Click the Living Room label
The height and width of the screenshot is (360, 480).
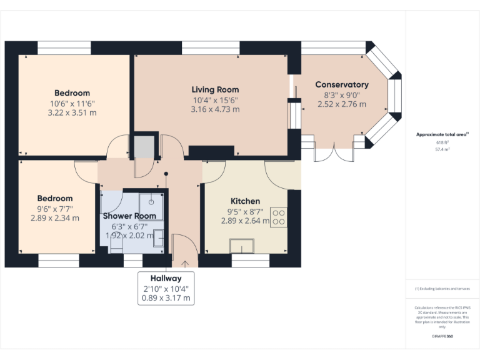coord(215,89)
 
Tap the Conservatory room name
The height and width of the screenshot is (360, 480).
coord(341,84)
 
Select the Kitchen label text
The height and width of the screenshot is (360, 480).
coord(245,201)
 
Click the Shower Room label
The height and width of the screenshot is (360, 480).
coord(129,216)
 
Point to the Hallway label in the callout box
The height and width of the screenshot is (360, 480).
coord(166,278)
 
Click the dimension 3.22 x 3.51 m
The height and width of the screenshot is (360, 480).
coord(72,113)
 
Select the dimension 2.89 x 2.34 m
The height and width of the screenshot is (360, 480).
coord(54,218)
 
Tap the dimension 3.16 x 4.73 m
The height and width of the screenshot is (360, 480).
coord(215,109)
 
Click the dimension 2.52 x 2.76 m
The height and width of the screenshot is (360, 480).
coord(341,104)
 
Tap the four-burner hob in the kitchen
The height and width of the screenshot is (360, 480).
coord(278,216)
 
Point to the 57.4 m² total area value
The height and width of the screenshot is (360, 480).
coord(442,149)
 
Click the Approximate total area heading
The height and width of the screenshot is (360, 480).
coord(442,134)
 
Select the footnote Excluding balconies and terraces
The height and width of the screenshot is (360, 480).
coord(442,289)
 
